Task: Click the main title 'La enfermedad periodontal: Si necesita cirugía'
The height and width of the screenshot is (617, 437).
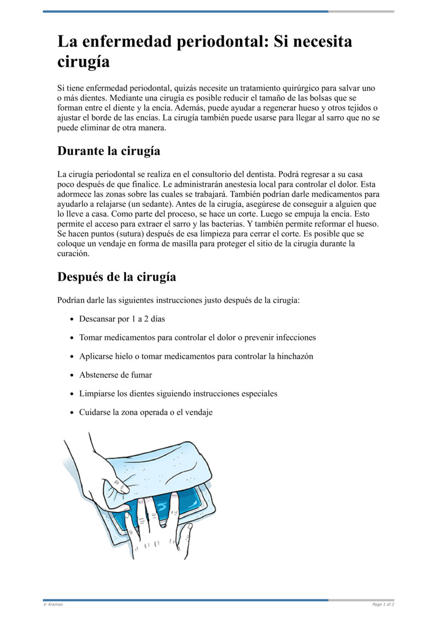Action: click(x=205, y=51)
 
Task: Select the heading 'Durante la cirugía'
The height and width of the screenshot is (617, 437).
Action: click(x=109, y=151)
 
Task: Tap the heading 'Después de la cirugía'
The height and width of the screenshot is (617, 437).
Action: click(x=116, y=277)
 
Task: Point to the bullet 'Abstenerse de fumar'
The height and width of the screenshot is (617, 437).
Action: click(x=115, y=375)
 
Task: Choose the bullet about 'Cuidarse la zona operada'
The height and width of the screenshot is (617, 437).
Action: click(x=145, y=412)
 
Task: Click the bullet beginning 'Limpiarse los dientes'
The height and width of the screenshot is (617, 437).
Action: click(x=178, y=393)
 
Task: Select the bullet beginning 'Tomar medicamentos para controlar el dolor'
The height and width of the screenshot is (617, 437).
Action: click(x=197, y=337)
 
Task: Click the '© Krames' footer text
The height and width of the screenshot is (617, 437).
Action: click(x=53, y=604)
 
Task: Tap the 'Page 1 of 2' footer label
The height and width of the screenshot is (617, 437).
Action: click(x=383, y=604)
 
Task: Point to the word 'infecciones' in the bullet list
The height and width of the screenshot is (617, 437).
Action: click(x=294, y=337)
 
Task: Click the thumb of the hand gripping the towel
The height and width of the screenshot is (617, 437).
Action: click(x=116, y=483)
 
